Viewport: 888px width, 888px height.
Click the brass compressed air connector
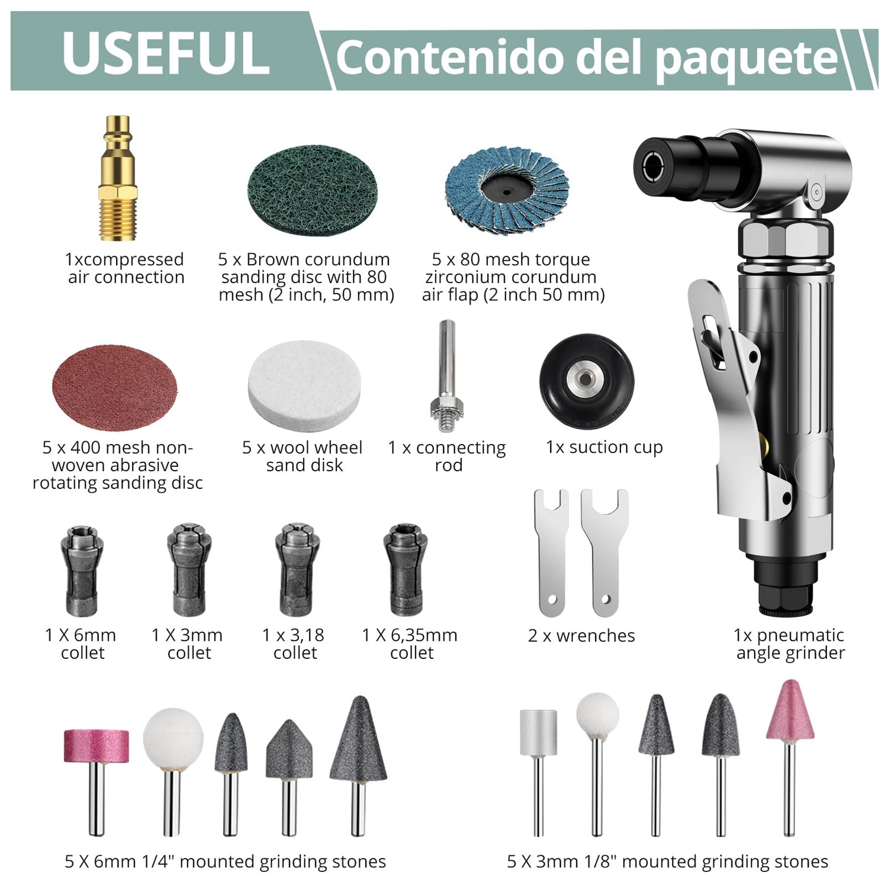coord(118,178)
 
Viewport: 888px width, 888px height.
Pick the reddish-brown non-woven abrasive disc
coord(114,387)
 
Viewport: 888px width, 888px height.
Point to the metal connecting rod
coord(447,376)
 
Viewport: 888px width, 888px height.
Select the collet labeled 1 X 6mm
coord(82,571)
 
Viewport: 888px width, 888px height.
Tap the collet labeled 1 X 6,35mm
coord(406,570)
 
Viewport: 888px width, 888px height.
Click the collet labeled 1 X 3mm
coord(189,570)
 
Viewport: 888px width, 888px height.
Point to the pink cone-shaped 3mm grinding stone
coord(790,758)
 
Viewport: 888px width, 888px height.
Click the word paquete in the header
coord(748,59)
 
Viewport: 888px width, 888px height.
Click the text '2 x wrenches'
coord(581,636)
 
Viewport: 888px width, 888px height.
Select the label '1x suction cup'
coord(604,448)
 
